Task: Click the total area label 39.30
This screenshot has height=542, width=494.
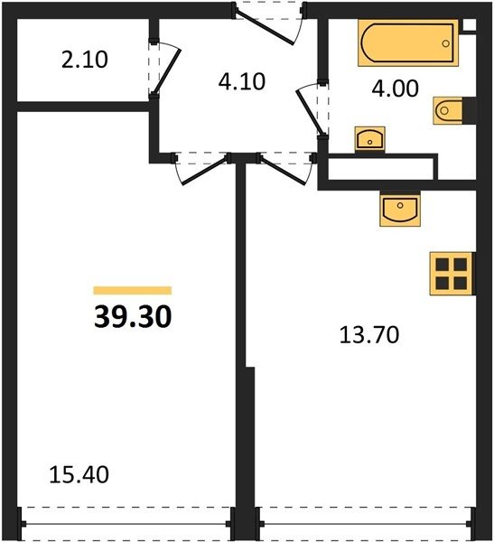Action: (133, 317)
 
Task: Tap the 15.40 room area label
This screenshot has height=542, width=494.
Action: (79, 474)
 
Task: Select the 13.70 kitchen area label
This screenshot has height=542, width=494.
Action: (369, 334)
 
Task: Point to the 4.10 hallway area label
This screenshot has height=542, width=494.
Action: (242, 82)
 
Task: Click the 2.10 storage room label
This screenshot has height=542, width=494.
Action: (85, 60)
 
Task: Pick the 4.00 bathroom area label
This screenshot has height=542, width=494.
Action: (396, 89)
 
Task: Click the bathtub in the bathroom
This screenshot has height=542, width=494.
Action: (408, 42)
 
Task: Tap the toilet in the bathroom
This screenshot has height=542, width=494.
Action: (448, 110)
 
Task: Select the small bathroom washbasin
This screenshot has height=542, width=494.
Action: (370, 138)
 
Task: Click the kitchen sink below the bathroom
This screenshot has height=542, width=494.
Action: (400, 210)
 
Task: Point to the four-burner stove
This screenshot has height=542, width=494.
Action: (452, 274)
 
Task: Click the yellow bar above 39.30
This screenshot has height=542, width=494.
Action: (133, 290)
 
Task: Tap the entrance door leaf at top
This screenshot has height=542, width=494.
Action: (265, 27)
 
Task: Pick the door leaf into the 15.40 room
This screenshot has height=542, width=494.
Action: (205, 172)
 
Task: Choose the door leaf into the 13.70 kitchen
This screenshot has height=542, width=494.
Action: (284, 171)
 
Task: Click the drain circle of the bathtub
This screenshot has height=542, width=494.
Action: (445, 43)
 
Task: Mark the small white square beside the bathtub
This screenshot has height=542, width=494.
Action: (470, 24)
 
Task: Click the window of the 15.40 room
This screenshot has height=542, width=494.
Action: (126, 524)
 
